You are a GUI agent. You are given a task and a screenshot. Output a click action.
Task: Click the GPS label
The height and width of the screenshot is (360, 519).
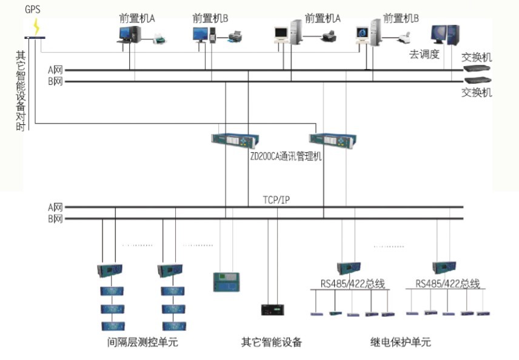coord(32,10)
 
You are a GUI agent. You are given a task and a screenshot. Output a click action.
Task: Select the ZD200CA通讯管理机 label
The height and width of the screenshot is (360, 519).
coord(286,156)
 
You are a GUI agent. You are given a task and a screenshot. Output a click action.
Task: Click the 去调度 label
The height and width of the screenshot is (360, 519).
coord(424,55)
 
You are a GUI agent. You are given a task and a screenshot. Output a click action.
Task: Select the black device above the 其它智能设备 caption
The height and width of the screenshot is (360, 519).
coord(272,309)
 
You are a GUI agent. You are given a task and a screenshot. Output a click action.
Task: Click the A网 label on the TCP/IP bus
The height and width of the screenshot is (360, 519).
coord(55,207)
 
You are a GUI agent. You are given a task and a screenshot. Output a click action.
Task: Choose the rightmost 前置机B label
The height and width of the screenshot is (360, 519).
coord(401,18)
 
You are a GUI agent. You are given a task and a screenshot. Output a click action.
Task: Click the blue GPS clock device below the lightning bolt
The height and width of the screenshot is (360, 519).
coord(36,38)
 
